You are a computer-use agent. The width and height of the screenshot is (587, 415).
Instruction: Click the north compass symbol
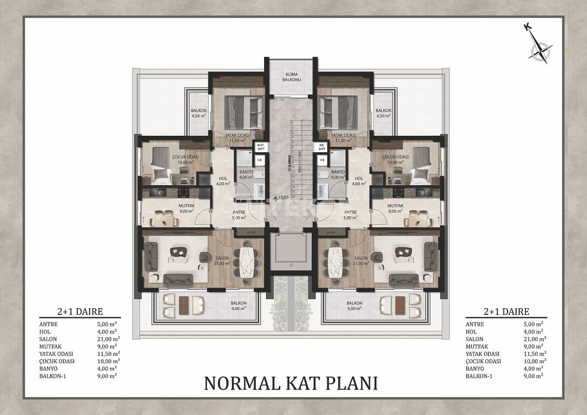point(540,48)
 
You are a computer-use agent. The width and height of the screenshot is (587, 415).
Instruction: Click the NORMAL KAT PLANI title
point(291,383)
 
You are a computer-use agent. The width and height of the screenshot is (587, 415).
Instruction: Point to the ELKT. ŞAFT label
point(260,147)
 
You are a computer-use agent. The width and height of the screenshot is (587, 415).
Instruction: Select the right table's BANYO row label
point(475,368)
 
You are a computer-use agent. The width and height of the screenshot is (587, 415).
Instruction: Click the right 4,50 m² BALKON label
point(383,113)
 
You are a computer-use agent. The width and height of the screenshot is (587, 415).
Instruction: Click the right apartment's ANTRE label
point(350,215)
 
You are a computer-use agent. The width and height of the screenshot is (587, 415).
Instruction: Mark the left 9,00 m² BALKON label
point(238,306)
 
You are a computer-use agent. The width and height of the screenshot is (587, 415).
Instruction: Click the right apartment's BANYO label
point(338,174)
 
